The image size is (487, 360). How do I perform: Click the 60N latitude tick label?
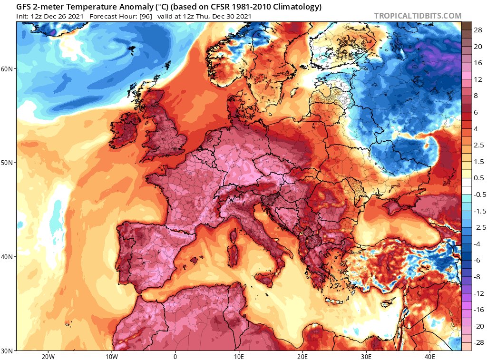coord(7,69)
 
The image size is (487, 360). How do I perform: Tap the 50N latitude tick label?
coord(7,163)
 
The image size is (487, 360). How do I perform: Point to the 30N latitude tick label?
coord(7,351)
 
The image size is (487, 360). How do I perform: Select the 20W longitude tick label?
coord(48,356)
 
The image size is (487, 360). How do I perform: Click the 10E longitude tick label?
coord(239,356)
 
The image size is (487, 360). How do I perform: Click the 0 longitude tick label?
coord(175,356)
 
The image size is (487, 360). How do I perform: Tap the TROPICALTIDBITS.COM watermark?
coord(418,16)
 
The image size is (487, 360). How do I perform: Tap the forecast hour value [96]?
coord(146,16)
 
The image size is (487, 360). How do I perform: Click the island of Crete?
coord(333,301)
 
